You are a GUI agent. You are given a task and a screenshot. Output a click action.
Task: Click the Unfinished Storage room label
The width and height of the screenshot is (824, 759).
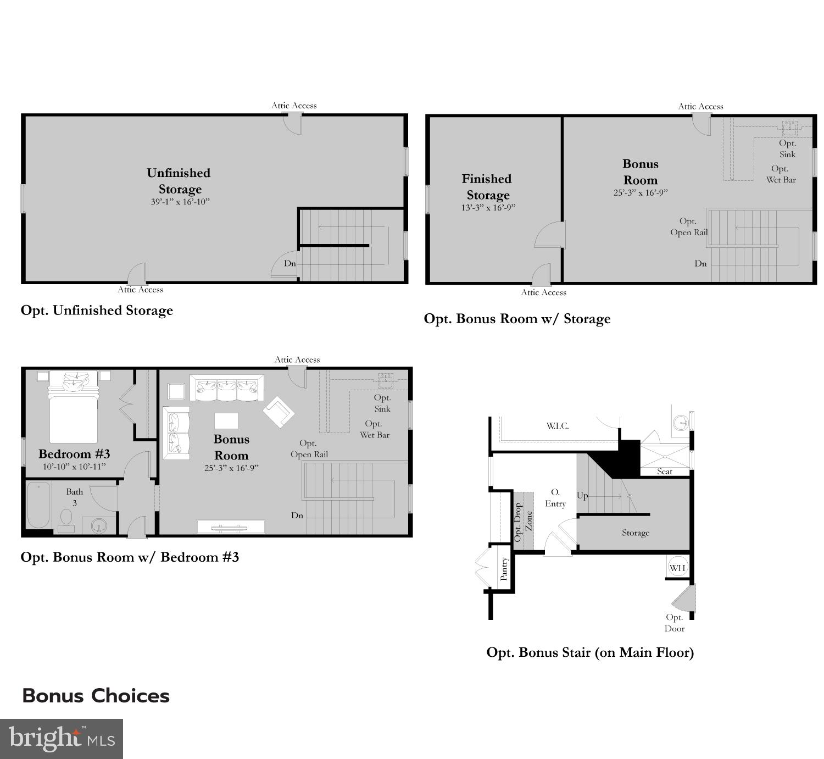tap(179, 181)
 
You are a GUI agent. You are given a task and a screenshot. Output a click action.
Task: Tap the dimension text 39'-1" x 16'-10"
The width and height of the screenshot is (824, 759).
tap(180, 202)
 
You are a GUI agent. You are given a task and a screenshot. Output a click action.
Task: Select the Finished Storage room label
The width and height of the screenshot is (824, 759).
tap(487, 187)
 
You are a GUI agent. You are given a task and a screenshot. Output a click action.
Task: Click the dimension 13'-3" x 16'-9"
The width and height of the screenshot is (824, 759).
tap(488, 208)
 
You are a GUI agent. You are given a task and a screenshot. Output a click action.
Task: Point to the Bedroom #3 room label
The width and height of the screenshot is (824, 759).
tap(74, 454)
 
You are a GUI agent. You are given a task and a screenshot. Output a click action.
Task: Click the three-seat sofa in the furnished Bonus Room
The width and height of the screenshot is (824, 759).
tap(226, 388)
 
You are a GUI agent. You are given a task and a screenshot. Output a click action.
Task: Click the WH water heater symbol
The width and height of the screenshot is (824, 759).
tap(677, 568)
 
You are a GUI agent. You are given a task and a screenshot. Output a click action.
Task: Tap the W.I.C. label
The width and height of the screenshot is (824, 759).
tap(557, 426)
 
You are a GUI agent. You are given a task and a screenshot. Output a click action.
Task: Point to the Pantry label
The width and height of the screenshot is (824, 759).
tap(504, 569)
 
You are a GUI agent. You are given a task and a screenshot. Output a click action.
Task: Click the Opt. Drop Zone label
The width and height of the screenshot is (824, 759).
tap(523, 522)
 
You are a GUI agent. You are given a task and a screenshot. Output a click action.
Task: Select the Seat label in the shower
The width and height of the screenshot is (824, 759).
tap(664, 472)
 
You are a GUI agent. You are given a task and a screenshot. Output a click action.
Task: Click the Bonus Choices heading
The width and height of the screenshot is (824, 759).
tap(96, 696)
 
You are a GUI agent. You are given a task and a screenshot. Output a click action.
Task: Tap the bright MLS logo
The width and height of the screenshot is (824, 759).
tap(62, 738)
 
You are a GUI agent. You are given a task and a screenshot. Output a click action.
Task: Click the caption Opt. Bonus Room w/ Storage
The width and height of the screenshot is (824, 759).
tap(517, 319)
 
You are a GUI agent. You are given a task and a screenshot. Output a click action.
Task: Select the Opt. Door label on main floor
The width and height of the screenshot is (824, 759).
tap(674, 623)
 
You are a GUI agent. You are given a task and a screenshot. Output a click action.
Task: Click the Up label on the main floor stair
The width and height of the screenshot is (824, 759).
tap(582, 496)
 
